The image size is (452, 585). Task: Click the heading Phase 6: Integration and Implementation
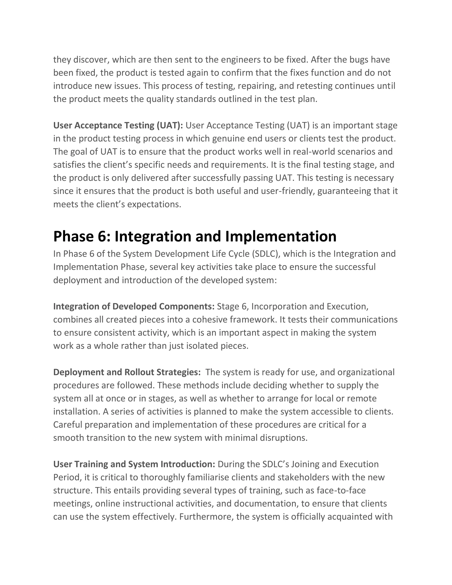point(195,236)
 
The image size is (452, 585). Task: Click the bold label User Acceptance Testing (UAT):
point(118,125)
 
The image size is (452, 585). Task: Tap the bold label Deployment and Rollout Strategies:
point(127,372)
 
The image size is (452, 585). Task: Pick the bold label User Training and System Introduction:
point(134,464)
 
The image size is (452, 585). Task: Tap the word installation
point(76,411)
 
